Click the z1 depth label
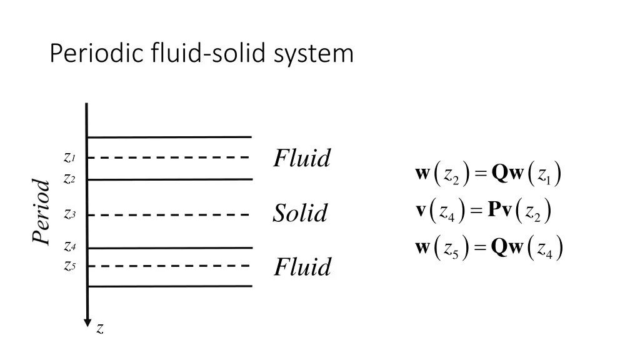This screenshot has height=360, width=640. [x=69, y=157]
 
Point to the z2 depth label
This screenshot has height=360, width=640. [x=69, y=179]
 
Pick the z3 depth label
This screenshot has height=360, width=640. [x=69, y=214]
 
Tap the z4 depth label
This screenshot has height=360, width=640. [x=69, y=247]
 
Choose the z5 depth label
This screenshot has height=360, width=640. [x=69, y=266]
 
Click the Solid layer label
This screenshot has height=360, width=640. [x=300, y=214]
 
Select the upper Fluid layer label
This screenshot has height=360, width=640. [x=302, y=159]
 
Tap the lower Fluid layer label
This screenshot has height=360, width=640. [x=302, y=267]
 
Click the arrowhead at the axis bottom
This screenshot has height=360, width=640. [x=87, y=321]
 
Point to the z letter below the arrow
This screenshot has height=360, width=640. [x=100, y=329]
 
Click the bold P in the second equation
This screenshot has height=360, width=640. [x=495, y=209]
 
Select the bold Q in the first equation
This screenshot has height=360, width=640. [x=499, y=173]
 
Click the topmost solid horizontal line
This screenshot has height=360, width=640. [x=169, y=136]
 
